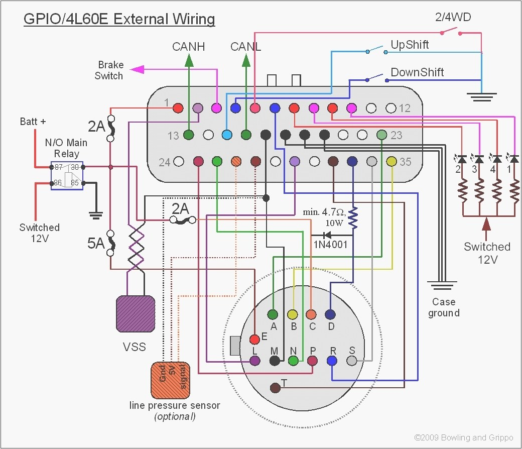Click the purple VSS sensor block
click(135, 314)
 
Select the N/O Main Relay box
click(67, 175)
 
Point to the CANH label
click(188, 47)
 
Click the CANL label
click(245, 47)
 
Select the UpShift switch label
click(410, 45)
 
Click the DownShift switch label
click(417, 72)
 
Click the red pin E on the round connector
click(254, 339)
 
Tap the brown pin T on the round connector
click(275, 388)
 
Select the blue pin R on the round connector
click(332, 361)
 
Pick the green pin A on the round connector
click(273, 314)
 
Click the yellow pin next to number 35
click(391, 162)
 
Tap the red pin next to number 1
click(178, 108)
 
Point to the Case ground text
click(444, 307)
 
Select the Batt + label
click(33, 122)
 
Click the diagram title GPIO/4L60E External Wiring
click(119, 20)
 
